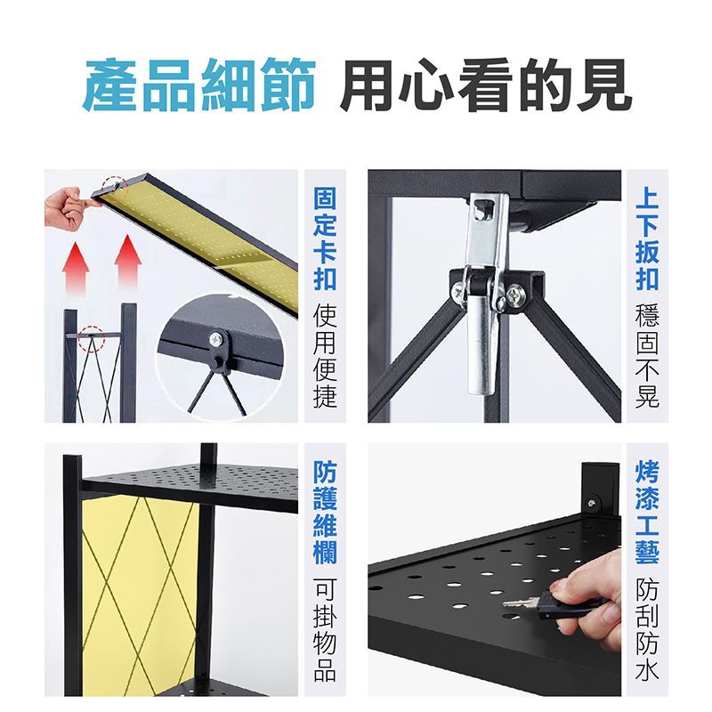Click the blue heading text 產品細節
[x=198, y=85]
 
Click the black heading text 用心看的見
[x=486, y=85]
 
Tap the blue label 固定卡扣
[x=325, y=239]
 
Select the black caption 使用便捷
[x=325, y=355]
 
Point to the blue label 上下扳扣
[x=647, y=239]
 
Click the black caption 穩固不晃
[x=647, y=355]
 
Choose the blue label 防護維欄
[x=325, y=512]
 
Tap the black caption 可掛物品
[x=325, y=629]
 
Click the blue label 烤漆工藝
[x=647, y=512]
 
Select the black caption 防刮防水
[x=647, y=629]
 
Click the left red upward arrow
[x=76, y=267]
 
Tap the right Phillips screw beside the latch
[x=516, y=295]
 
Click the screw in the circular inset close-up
[x=215, y=338]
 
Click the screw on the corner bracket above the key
[x=591, y=503]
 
